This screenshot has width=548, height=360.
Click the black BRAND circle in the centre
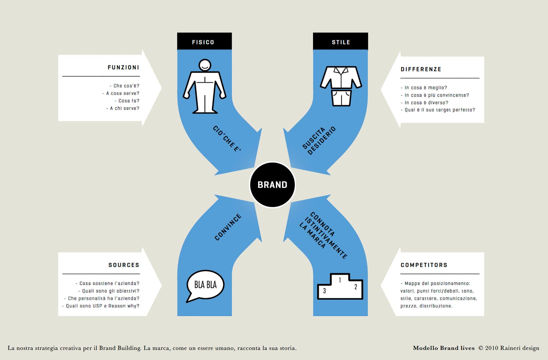coord(272,185)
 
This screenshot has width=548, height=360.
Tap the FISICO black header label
coord(205,41)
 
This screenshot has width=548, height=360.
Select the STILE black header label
coord(340,41)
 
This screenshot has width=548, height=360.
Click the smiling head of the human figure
coord(205,65)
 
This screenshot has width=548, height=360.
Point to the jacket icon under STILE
coord(341,77)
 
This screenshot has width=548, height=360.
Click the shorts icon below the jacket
coord(341,98)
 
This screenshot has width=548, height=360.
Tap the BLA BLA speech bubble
coord(205,286)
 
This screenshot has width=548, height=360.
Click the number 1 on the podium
coord(340,280)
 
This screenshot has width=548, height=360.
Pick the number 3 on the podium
coord(324,291)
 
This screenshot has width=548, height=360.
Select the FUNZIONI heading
coord(123,68)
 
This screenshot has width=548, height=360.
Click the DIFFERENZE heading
coord(421,69)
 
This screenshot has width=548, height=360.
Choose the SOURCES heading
coord(124,265)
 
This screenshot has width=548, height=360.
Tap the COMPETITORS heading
coord(424,265)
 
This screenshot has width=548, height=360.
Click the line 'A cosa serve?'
coord(121,93)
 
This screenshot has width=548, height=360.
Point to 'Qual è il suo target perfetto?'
coord(438,110)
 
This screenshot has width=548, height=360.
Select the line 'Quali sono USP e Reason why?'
coord(101,306)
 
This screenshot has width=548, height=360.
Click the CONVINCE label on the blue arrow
coord(228,227)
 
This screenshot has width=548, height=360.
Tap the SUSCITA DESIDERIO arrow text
coord(319,140)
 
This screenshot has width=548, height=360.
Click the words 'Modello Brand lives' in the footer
coord(444,348)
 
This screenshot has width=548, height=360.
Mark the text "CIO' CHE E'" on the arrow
coord(227,139)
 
